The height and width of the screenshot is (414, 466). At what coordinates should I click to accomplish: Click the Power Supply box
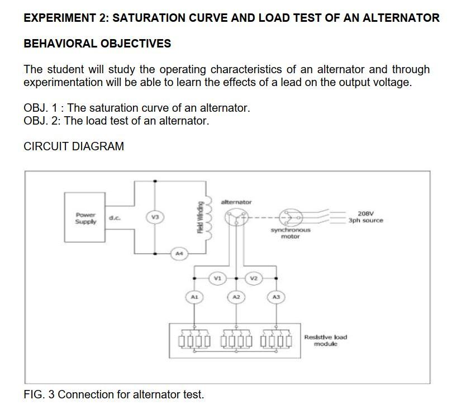point(85,217)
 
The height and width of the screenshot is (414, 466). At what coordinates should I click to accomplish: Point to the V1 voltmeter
point(217,277)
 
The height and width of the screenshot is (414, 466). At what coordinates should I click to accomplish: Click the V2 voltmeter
point(254,277)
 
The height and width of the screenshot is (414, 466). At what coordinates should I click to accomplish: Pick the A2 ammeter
point(236,297)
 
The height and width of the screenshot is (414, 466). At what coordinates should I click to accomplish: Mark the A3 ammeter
point(276,297)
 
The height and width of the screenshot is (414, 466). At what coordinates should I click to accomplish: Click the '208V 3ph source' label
point(365,217)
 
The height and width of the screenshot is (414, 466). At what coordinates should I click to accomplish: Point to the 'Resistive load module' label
point(325,340)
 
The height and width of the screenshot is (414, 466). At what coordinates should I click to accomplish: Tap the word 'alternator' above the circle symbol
point(236,202)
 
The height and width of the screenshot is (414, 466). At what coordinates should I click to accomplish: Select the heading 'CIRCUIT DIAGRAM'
point(74,146)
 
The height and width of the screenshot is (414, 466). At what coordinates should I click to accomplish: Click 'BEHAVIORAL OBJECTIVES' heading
point(97,44)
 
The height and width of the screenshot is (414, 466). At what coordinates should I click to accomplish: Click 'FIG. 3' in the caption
point(39,394)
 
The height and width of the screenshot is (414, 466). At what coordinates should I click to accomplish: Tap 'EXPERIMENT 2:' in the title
point(65,18)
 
